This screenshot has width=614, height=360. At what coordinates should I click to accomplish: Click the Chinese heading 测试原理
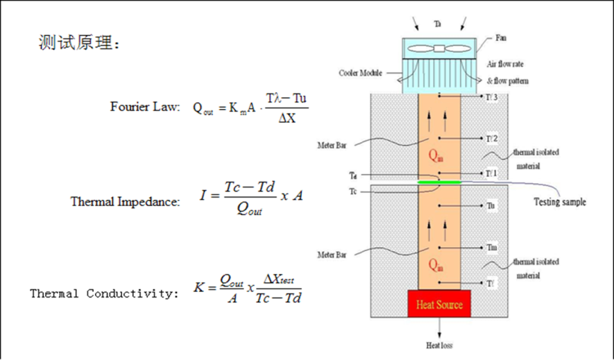[79, 44]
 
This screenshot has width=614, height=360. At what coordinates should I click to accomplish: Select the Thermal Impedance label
[125, 202]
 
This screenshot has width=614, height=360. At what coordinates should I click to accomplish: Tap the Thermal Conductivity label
[104, 293]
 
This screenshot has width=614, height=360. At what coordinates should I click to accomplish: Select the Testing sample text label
[559, 202]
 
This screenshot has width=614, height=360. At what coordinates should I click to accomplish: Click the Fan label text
[502, 37]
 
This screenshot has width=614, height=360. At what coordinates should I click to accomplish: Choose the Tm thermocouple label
[492, 248]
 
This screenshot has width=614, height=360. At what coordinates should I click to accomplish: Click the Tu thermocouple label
[491, 206]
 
